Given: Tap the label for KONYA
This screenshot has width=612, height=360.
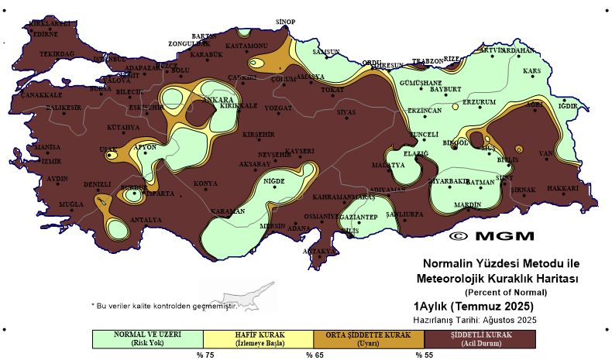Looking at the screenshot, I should click(205, 183).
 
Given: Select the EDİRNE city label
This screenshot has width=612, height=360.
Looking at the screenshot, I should click(43, 34).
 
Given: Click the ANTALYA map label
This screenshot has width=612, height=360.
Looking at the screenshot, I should click(146, 220).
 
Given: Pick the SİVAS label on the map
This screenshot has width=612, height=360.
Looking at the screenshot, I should click(346, 112).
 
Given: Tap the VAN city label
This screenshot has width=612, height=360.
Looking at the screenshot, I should click(547, 154).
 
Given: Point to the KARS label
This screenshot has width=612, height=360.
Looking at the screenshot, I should click(531, 71).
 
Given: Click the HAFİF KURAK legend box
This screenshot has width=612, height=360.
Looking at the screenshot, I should click(259, 338).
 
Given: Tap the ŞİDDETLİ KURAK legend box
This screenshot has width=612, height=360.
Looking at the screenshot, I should click(480, 338).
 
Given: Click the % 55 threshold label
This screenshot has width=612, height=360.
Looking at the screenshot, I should click(424, 355).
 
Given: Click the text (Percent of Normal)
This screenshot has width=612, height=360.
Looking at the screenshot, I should click(505, 292).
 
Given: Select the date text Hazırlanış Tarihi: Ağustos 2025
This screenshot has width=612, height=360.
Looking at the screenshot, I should click(474, 319).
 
